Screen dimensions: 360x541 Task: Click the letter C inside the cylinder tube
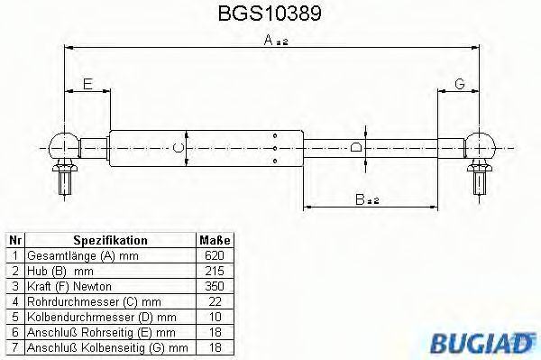click(x=178, y=147)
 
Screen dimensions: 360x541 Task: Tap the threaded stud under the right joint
click(x=479, y=180)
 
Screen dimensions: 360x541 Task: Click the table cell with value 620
click(x=214, y=255)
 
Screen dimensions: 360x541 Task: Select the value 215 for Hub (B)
click(x=214, y=270)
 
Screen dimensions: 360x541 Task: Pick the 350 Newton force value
click(x=214, y=285)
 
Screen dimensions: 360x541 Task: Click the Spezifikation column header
click(x=110, y=241)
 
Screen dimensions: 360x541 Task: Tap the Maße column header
click(x=214, y=241)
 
